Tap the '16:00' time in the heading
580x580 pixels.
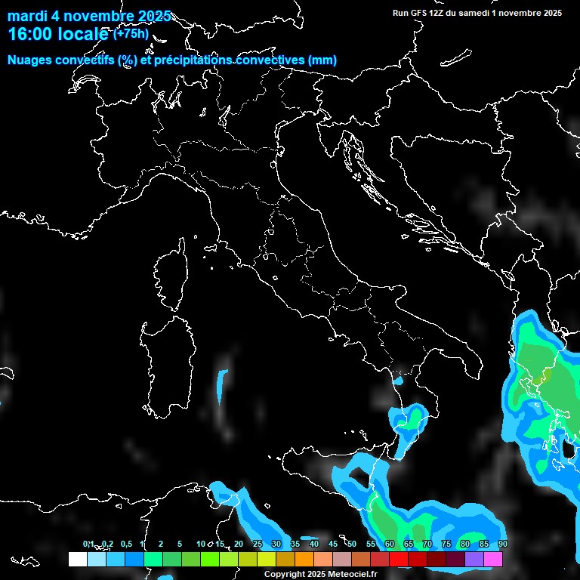(29, 35)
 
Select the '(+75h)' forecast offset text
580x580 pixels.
(131, 33)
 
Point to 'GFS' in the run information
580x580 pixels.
(420, 13)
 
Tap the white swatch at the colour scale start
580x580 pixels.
(77, 559)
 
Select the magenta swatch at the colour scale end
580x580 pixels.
(493, 559)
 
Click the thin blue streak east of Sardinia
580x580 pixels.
(221, 385)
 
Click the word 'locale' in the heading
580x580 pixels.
(82, 35)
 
